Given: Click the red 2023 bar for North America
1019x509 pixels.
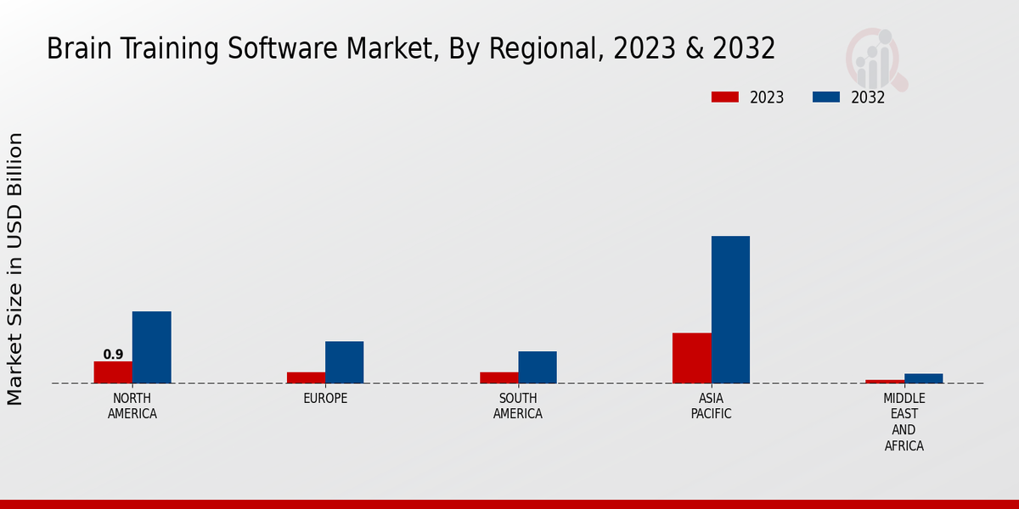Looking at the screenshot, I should coord(113,372).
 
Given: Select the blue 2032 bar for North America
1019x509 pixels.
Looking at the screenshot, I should coord(151,347).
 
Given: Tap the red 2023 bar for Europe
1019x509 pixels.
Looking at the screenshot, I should coord(306,378).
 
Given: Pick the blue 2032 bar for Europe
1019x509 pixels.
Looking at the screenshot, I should coord(344,362).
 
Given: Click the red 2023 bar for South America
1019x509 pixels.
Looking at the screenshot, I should coord(498,378).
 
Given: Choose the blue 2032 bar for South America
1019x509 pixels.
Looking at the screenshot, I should coord(538,367).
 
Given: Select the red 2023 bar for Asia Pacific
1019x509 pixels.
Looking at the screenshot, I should coord(692,358).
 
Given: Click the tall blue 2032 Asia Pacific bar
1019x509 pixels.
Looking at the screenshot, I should coord(730,310).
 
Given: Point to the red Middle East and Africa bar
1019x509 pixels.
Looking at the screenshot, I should coord(885,382).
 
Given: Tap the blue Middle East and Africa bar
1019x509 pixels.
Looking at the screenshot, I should coord(923,378).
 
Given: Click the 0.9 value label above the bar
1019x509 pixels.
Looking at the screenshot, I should coord(113,355).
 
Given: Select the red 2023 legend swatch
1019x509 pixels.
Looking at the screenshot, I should coord(725,97).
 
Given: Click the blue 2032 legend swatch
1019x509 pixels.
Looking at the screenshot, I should coord(826,97).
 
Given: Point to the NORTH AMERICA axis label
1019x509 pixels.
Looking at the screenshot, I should coord(132,406).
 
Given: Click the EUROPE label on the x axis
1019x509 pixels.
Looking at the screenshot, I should coord(325,399).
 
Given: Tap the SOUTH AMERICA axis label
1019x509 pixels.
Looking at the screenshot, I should coord(518,406).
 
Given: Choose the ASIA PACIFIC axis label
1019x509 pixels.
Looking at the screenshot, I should coord(711,406).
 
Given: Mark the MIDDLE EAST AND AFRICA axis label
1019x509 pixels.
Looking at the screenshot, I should coord(904,422).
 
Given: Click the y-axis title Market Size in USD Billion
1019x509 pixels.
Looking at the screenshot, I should coord(15,268).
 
